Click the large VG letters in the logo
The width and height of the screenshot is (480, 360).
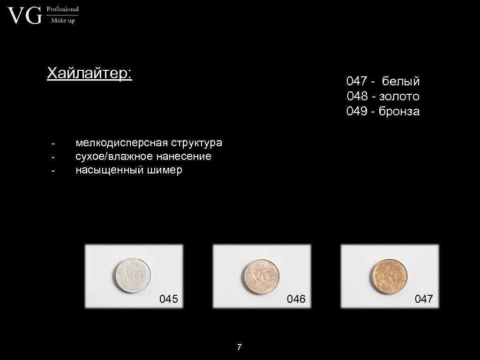click(25, 16)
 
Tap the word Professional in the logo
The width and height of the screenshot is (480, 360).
click(62, 9)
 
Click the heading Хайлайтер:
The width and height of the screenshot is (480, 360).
click(90, 74)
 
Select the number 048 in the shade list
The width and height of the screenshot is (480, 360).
click(357, 96)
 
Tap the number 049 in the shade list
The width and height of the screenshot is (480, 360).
click(357, 111)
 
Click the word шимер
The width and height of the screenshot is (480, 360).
click(165, 170)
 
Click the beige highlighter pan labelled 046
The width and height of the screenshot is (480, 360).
click(261, 275)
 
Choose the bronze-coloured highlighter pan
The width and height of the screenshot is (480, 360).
click(388, 275)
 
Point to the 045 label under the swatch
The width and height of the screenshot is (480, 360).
click(169, 299)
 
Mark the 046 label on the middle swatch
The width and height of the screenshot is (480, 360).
click(296, 299)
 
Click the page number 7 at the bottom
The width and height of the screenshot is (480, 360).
click(240, 347)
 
